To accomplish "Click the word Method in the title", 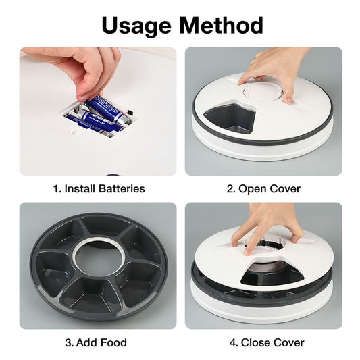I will point(221,25).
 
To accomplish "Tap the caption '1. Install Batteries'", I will point(99,188).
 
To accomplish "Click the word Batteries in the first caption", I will point(121,188).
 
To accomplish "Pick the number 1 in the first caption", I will point(55,188).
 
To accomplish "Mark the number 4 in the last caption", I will point(223,342).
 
